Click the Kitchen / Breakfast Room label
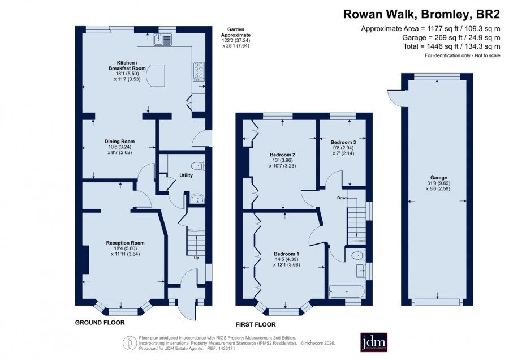point(127,65)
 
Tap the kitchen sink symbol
point(163,39)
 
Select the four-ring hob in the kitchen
point(199,71)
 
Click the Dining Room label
point(119,142)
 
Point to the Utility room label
point(186,175)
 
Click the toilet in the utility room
point(198,166)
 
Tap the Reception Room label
point(126,243)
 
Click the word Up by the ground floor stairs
point(196,258)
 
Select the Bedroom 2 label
point(282,155)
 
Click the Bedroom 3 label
point(343,142)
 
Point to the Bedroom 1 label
point(286,254)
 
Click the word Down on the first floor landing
point(342,198)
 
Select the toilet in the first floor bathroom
point(359,256)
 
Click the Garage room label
point(438,178)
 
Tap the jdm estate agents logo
point(374,342)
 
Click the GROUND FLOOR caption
point(100,323)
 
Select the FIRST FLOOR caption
point(256,324)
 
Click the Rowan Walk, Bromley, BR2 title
point(422,15)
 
